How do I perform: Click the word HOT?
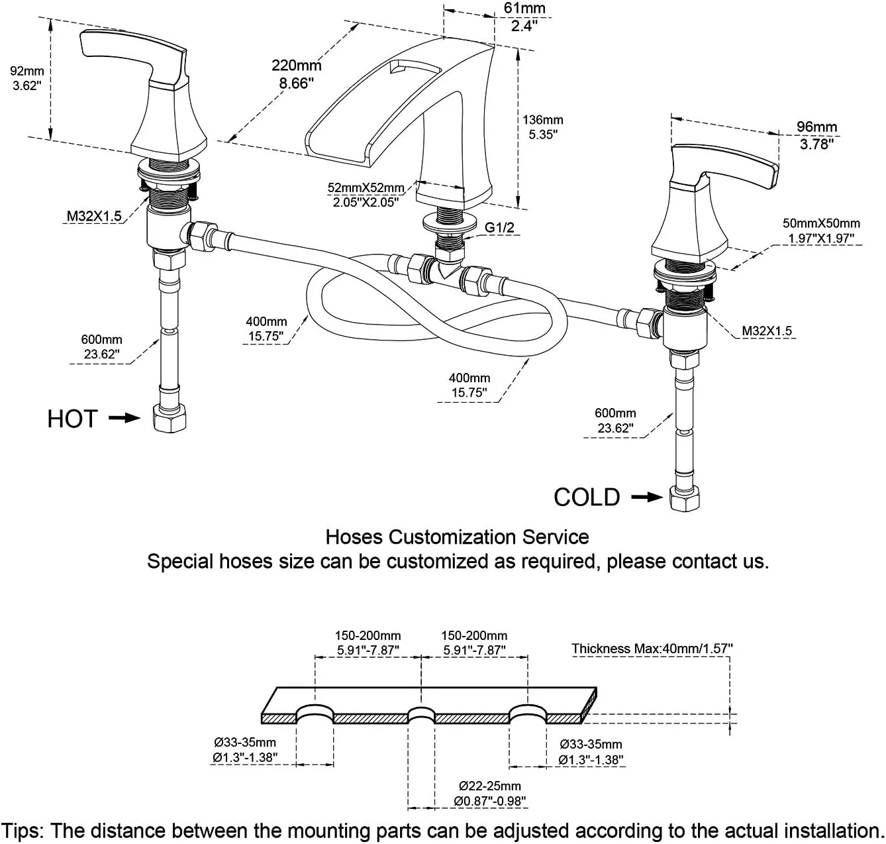(x=72, y=419)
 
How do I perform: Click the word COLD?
(x=587, y=497)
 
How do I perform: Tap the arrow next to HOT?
(x=124, y=418)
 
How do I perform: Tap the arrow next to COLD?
(x=647, y=497)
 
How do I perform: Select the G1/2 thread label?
(x=499, y=228)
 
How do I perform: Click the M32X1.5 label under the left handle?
(x=94, y=216)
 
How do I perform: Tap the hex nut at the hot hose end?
(x=170, y=418)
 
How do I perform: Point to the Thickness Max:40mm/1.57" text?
(x=652, y=649)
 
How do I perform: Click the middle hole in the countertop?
(x=421, y=715)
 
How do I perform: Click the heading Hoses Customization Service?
(x=457, y=536)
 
